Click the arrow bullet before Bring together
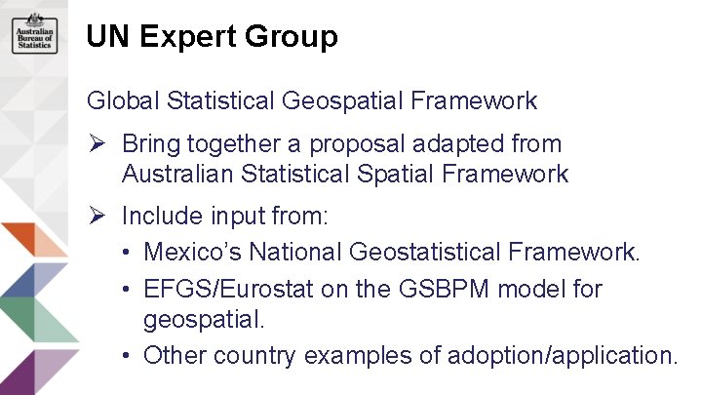97,144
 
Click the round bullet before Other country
128,355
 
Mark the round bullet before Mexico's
128,253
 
